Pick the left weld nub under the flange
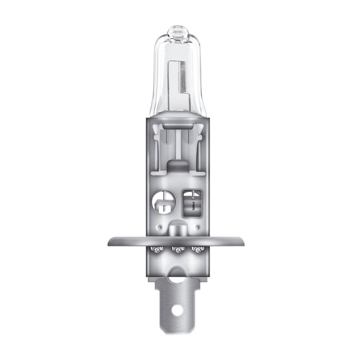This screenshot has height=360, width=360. tap(156, 250)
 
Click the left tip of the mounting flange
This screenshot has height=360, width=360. tap(110, 241)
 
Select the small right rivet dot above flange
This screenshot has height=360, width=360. tap(196, 227)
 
